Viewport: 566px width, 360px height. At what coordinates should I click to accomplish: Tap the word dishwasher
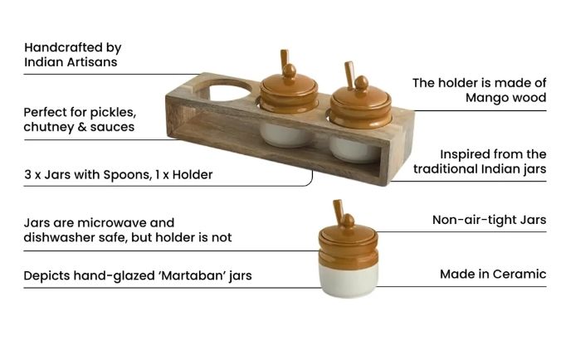[x=65, y=237]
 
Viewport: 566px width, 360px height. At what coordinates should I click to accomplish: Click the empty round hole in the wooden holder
[x=225, y=90]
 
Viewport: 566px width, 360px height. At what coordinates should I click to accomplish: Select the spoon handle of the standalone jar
[x=339, y=210]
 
